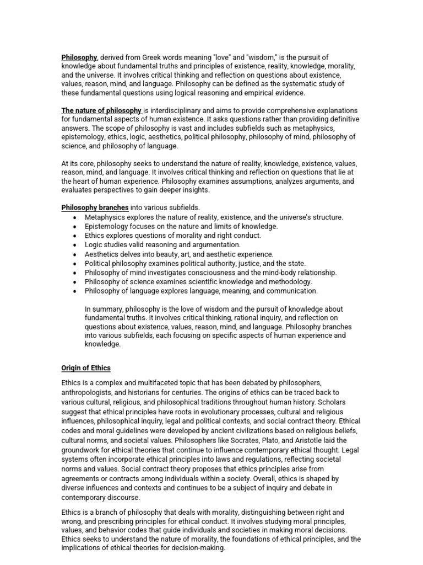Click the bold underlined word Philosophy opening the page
(x=79, y=57)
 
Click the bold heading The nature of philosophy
(x=101, y=110)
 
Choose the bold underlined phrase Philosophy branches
(x=95, y=208)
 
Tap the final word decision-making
(x=198, y=548)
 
